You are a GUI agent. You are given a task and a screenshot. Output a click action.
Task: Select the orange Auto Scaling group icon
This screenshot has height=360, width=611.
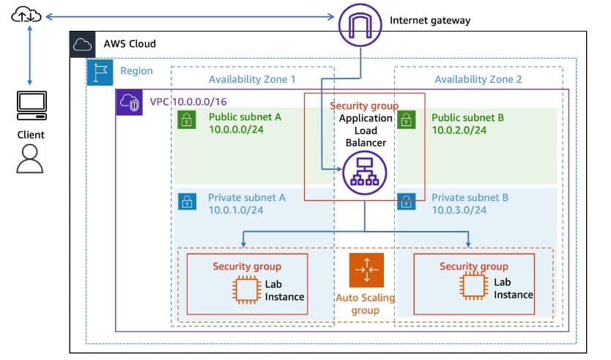[x=365, y=271]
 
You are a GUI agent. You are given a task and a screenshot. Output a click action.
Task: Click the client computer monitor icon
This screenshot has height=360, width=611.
[x=30, y=106]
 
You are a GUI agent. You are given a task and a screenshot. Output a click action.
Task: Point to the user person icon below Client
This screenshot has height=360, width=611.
[x=30, y=158]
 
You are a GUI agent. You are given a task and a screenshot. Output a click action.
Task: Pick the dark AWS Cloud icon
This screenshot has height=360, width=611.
[x=82, y=44]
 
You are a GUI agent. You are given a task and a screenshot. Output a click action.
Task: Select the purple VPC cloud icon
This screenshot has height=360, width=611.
[x=130, y=102]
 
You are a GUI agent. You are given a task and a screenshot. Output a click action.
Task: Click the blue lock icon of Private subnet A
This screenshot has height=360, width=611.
[x=186, y=202]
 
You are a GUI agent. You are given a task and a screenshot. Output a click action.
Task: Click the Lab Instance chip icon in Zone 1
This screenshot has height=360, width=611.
[x=245, y=290]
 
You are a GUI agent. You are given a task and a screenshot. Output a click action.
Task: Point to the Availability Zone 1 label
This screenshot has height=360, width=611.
[x=252, y=79]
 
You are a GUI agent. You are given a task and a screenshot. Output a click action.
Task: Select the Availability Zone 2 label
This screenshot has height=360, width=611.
[x=478, y=79]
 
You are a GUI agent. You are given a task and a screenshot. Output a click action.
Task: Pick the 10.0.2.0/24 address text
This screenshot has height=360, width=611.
[x=459, y=130]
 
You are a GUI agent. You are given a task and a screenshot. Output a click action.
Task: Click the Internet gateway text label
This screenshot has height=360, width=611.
[x=430, y=21]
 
